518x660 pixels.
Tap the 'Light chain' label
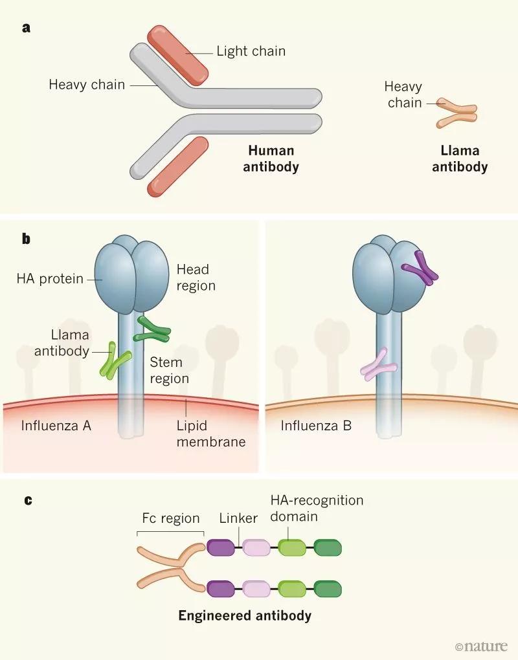[x=251, y=50]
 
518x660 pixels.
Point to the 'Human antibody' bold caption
[x=271, y=159]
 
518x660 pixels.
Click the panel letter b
[x=27, y=239]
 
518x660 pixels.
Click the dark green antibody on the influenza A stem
[x=153, y=330]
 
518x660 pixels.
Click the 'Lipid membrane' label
[x=211, y=434]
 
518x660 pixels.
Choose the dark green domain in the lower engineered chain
[x=327, y=588]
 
